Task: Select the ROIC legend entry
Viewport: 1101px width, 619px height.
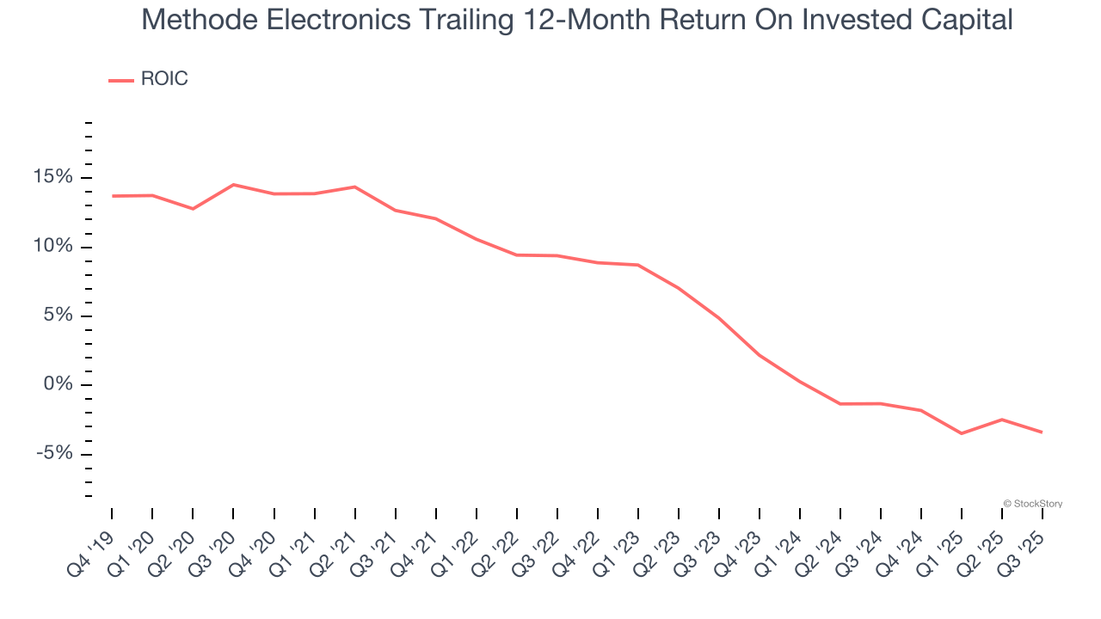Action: (x=148, y=79)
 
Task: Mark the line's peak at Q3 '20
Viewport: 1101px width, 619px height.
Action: (x=233, y=185)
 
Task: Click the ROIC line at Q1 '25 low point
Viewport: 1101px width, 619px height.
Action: (x=962, y=433)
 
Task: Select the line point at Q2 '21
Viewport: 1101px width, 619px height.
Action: (x=354, y=187)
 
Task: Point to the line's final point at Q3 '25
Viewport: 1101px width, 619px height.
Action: (x=1043, y=432)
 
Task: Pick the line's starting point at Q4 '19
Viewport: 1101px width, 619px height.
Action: (x=112, y=196)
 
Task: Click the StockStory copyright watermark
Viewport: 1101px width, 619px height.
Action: (x=1032, y=504)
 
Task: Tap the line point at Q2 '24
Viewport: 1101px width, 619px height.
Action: (x=840, y=403)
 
